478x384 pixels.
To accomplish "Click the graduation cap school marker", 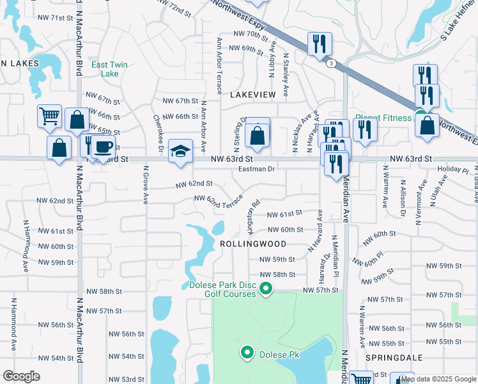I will (x=181, y=152).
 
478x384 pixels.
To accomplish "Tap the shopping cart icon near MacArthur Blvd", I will (x=49, y=116).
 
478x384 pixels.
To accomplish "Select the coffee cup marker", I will (x=102, y=147).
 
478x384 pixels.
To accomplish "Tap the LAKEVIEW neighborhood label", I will (x=252, y=94).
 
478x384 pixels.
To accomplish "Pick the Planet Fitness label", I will (x=384, y=117).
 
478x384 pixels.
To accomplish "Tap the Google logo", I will (x=22, y=376).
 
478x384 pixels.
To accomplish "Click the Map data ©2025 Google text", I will (x=438, y=379).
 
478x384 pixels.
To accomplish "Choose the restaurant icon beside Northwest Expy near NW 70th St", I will (x=318, y=44).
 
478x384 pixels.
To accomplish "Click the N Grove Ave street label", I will (x=146, y=186).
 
